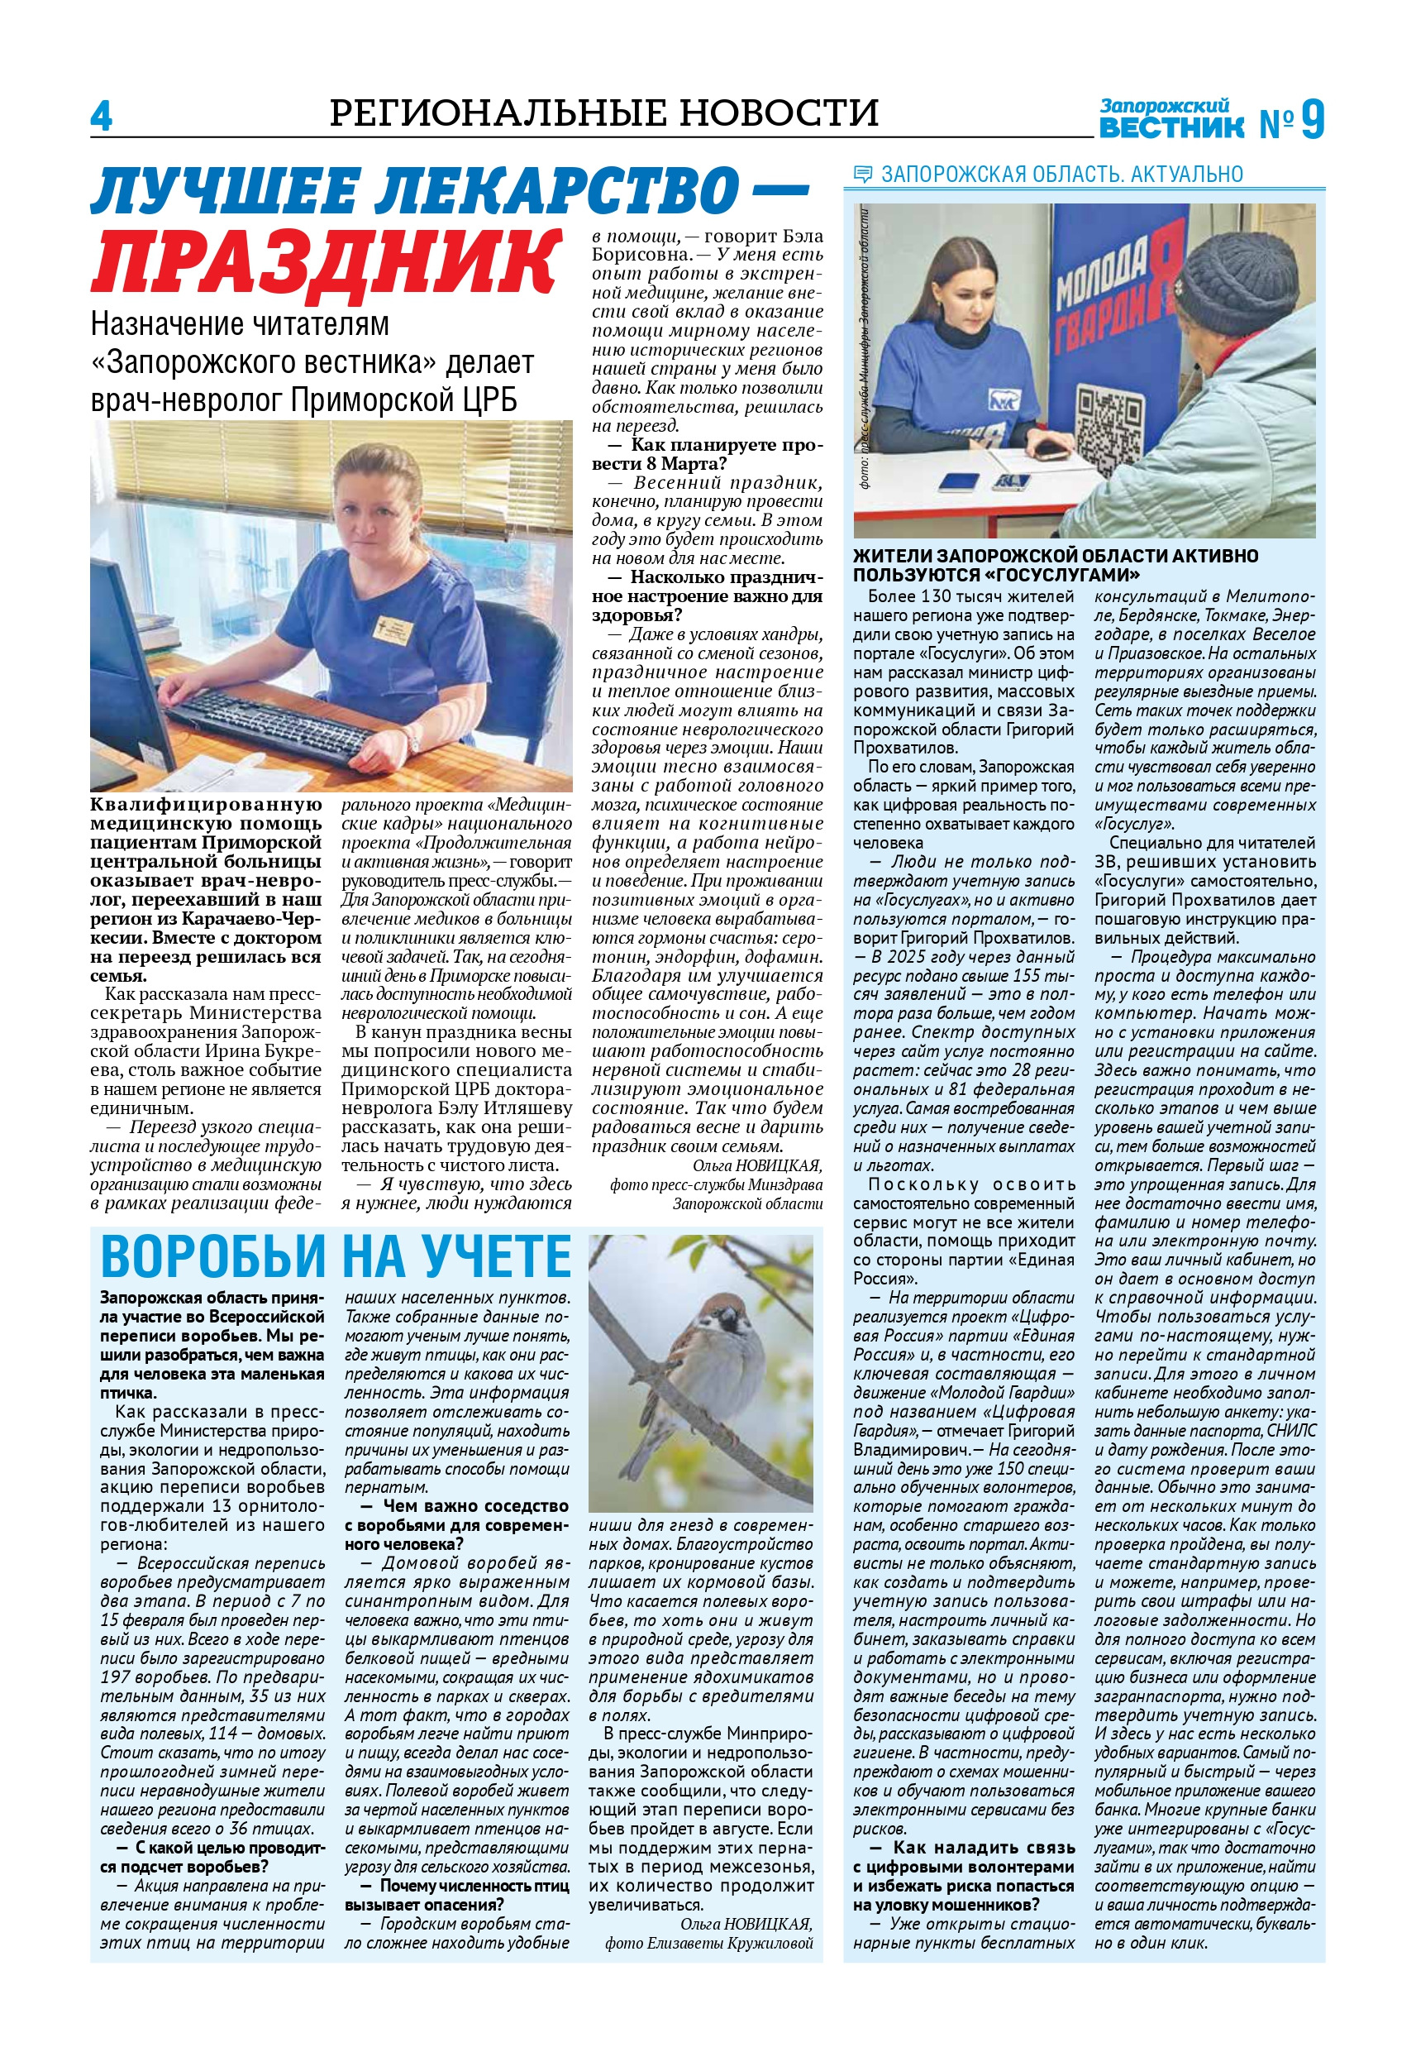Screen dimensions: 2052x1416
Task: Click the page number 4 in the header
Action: [101, 117]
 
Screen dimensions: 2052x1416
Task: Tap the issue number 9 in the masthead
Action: [1312, 120]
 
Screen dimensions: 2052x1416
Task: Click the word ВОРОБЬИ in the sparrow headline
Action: [214, 1257]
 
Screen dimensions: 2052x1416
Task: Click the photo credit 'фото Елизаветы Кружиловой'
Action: [709, 1943]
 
